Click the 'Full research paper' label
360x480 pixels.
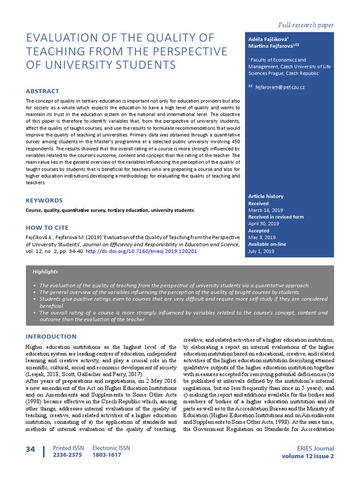point(306,25)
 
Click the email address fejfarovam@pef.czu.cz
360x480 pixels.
point(279,87)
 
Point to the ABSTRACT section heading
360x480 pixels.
point(42,91)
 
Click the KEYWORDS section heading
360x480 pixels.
point(44,200)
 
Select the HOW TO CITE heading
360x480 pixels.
point(47,227)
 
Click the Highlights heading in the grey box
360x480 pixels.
point(45,271)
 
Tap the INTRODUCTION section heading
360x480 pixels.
point(51,336)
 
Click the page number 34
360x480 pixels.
point(30,450)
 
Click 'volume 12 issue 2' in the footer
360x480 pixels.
point(308,456)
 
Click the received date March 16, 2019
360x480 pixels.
point(265,210)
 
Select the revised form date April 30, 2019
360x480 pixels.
point(264,224)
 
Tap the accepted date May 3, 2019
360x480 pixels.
point(262,237)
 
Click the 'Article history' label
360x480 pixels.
point(266,196)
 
